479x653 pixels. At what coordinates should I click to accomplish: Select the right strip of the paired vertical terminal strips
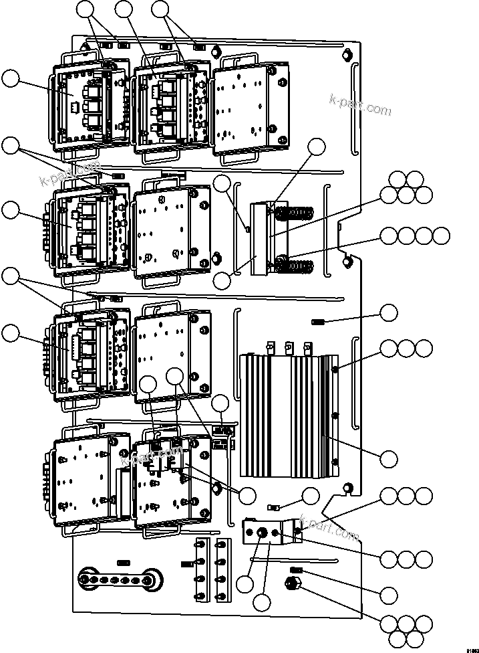(223, 569)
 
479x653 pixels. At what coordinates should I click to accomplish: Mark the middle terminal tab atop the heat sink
(289, 349)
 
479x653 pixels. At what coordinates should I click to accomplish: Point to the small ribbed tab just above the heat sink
(318, 322)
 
